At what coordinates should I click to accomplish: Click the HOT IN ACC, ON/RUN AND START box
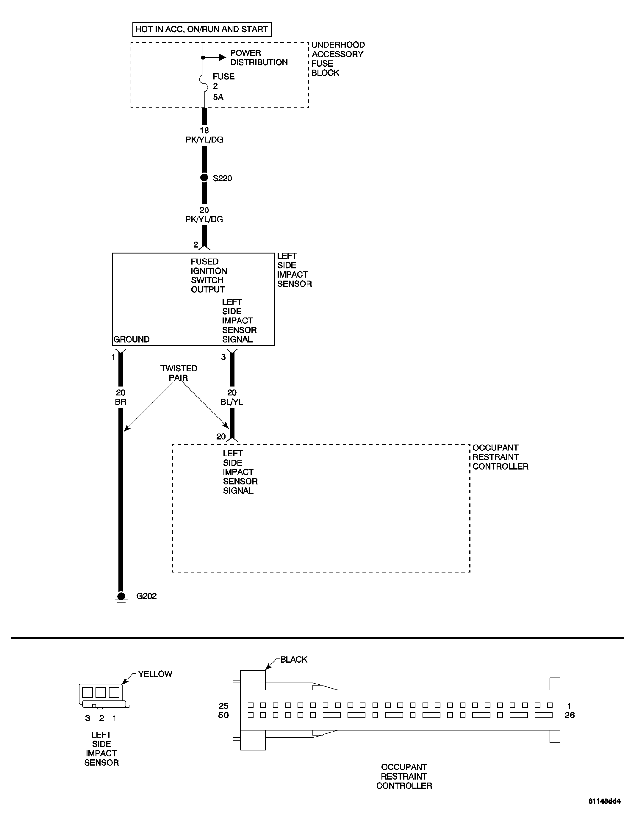(x=201, y=29)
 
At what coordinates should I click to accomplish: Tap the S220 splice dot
(x=204, y=178)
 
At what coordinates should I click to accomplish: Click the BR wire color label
(x=121, y=402)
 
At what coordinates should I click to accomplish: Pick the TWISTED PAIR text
(x=179, y=373)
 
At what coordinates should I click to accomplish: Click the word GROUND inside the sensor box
(x=132, y=339)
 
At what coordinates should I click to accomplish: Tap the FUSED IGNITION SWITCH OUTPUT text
(x=208, y=276)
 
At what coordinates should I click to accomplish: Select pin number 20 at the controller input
(x=221, y=437)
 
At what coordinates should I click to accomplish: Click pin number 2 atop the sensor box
(x=196, y=245)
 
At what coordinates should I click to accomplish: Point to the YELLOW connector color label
(x=155, y=674)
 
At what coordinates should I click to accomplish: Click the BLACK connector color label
(x=294, y=659)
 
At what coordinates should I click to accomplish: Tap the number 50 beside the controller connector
(x=223, y=715)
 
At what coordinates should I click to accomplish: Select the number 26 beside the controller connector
(x=569, y=715)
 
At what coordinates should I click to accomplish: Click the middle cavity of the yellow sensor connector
(x=101, y=692)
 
